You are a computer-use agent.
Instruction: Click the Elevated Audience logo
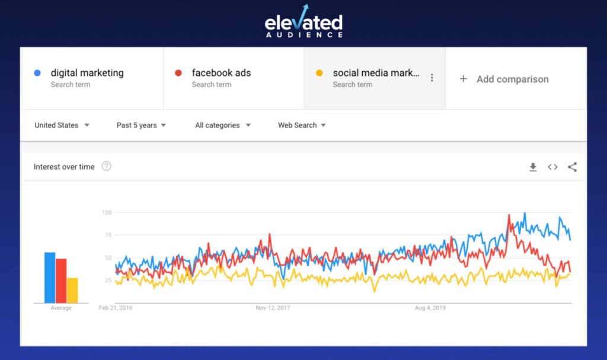[303, 22]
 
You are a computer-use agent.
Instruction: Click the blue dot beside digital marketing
[37, 73]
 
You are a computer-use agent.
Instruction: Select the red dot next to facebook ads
[178, 73]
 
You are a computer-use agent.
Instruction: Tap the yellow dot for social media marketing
[319, 73]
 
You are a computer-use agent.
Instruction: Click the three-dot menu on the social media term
[432, 78]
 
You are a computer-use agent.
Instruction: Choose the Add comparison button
[505, 79]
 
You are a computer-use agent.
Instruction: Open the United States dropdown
[62, 125]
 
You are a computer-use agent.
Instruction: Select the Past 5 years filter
[141, 125]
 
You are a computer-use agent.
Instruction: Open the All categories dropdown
[222, 125]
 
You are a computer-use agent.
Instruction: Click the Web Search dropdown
[302, 125]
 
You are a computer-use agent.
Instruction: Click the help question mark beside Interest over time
[107, 167]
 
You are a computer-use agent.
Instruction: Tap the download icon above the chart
[533, 167]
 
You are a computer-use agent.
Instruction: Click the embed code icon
[552, 167]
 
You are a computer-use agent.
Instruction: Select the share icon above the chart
[572, 167]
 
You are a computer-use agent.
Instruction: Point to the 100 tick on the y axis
[107, 212]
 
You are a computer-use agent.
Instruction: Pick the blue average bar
[50, 278]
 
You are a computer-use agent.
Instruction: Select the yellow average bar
[72, 290]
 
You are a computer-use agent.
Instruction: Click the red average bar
[61, 281]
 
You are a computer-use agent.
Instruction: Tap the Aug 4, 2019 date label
[430, 308]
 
